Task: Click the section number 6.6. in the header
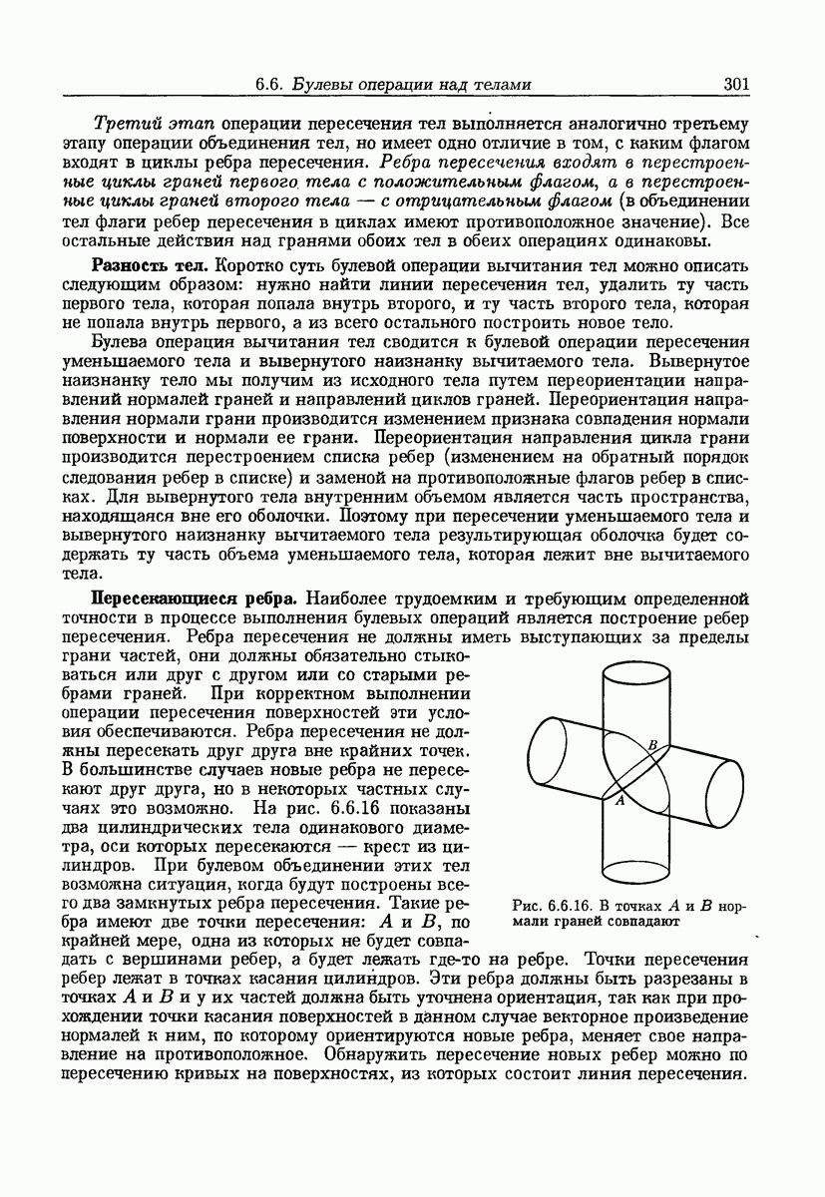click(x=272, y=84)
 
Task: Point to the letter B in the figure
click(x=652, y=744)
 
